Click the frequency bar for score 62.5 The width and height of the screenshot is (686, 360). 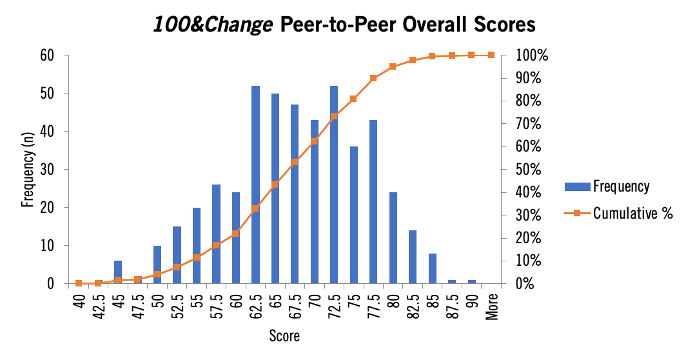pyautogui.click(x=255, y=185)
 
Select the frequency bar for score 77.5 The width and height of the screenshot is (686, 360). pyautogui.click(x=373, y=201)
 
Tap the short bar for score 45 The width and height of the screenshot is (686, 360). pyautogui.click(x=118, y=272)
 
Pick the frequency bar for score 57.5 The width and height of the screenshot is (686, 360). pyautogui.click(x=216, y=234)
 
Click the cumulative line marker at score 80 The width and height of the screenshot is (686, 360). pyautogui.click(x=393, y=66)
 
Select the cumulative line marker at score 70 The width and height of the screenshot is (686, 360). pyautogui.click(x=314, y=141)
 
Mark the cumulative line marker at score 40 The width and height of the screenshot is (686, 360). pyautogui.click(x=79, y=283)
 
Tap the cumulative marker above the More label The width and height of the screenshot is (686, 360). pyautogui.click(x=491, y=55)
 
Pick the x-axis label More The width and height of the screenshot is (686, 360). pyautogui.click(x=491, y=306)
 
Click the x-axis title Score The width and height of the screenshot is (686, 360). pyautogui.click(x=285, y=336)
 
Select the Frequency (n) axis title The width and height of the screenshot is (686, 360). pyautogui.click(x=28, y=170)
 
